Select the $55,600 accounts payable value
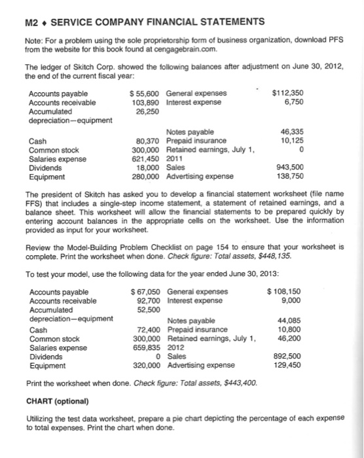coord(146,94)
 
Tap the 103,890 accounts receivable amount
coord(147,103)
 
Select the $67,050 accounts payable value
coord(146,292)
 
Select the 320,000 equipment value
coord(147,365)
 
